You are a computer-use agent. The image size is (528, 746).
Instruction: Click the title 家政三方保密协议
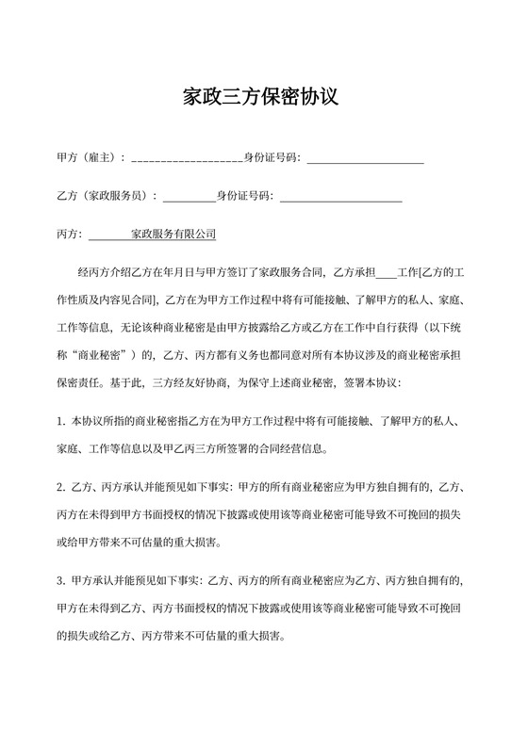(x=264, y=97)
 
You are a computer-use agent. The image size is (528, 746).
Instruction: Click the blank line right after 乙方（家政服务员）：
(x=190, y=199)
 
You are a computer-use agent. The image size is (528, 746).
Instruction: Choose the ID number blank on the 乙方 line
(x=340, y=199)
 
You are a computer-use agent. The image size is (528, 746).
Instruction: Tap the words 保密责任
(x=80, y=383)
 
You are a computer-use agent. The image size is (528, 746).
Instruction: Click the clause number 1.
(x=61, y=422)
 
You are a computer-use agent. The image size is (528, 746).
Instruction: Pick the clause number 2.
(x=61, y=488)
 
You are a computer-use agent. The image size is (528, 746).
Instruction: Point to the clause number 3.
(x=61, y=581)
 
